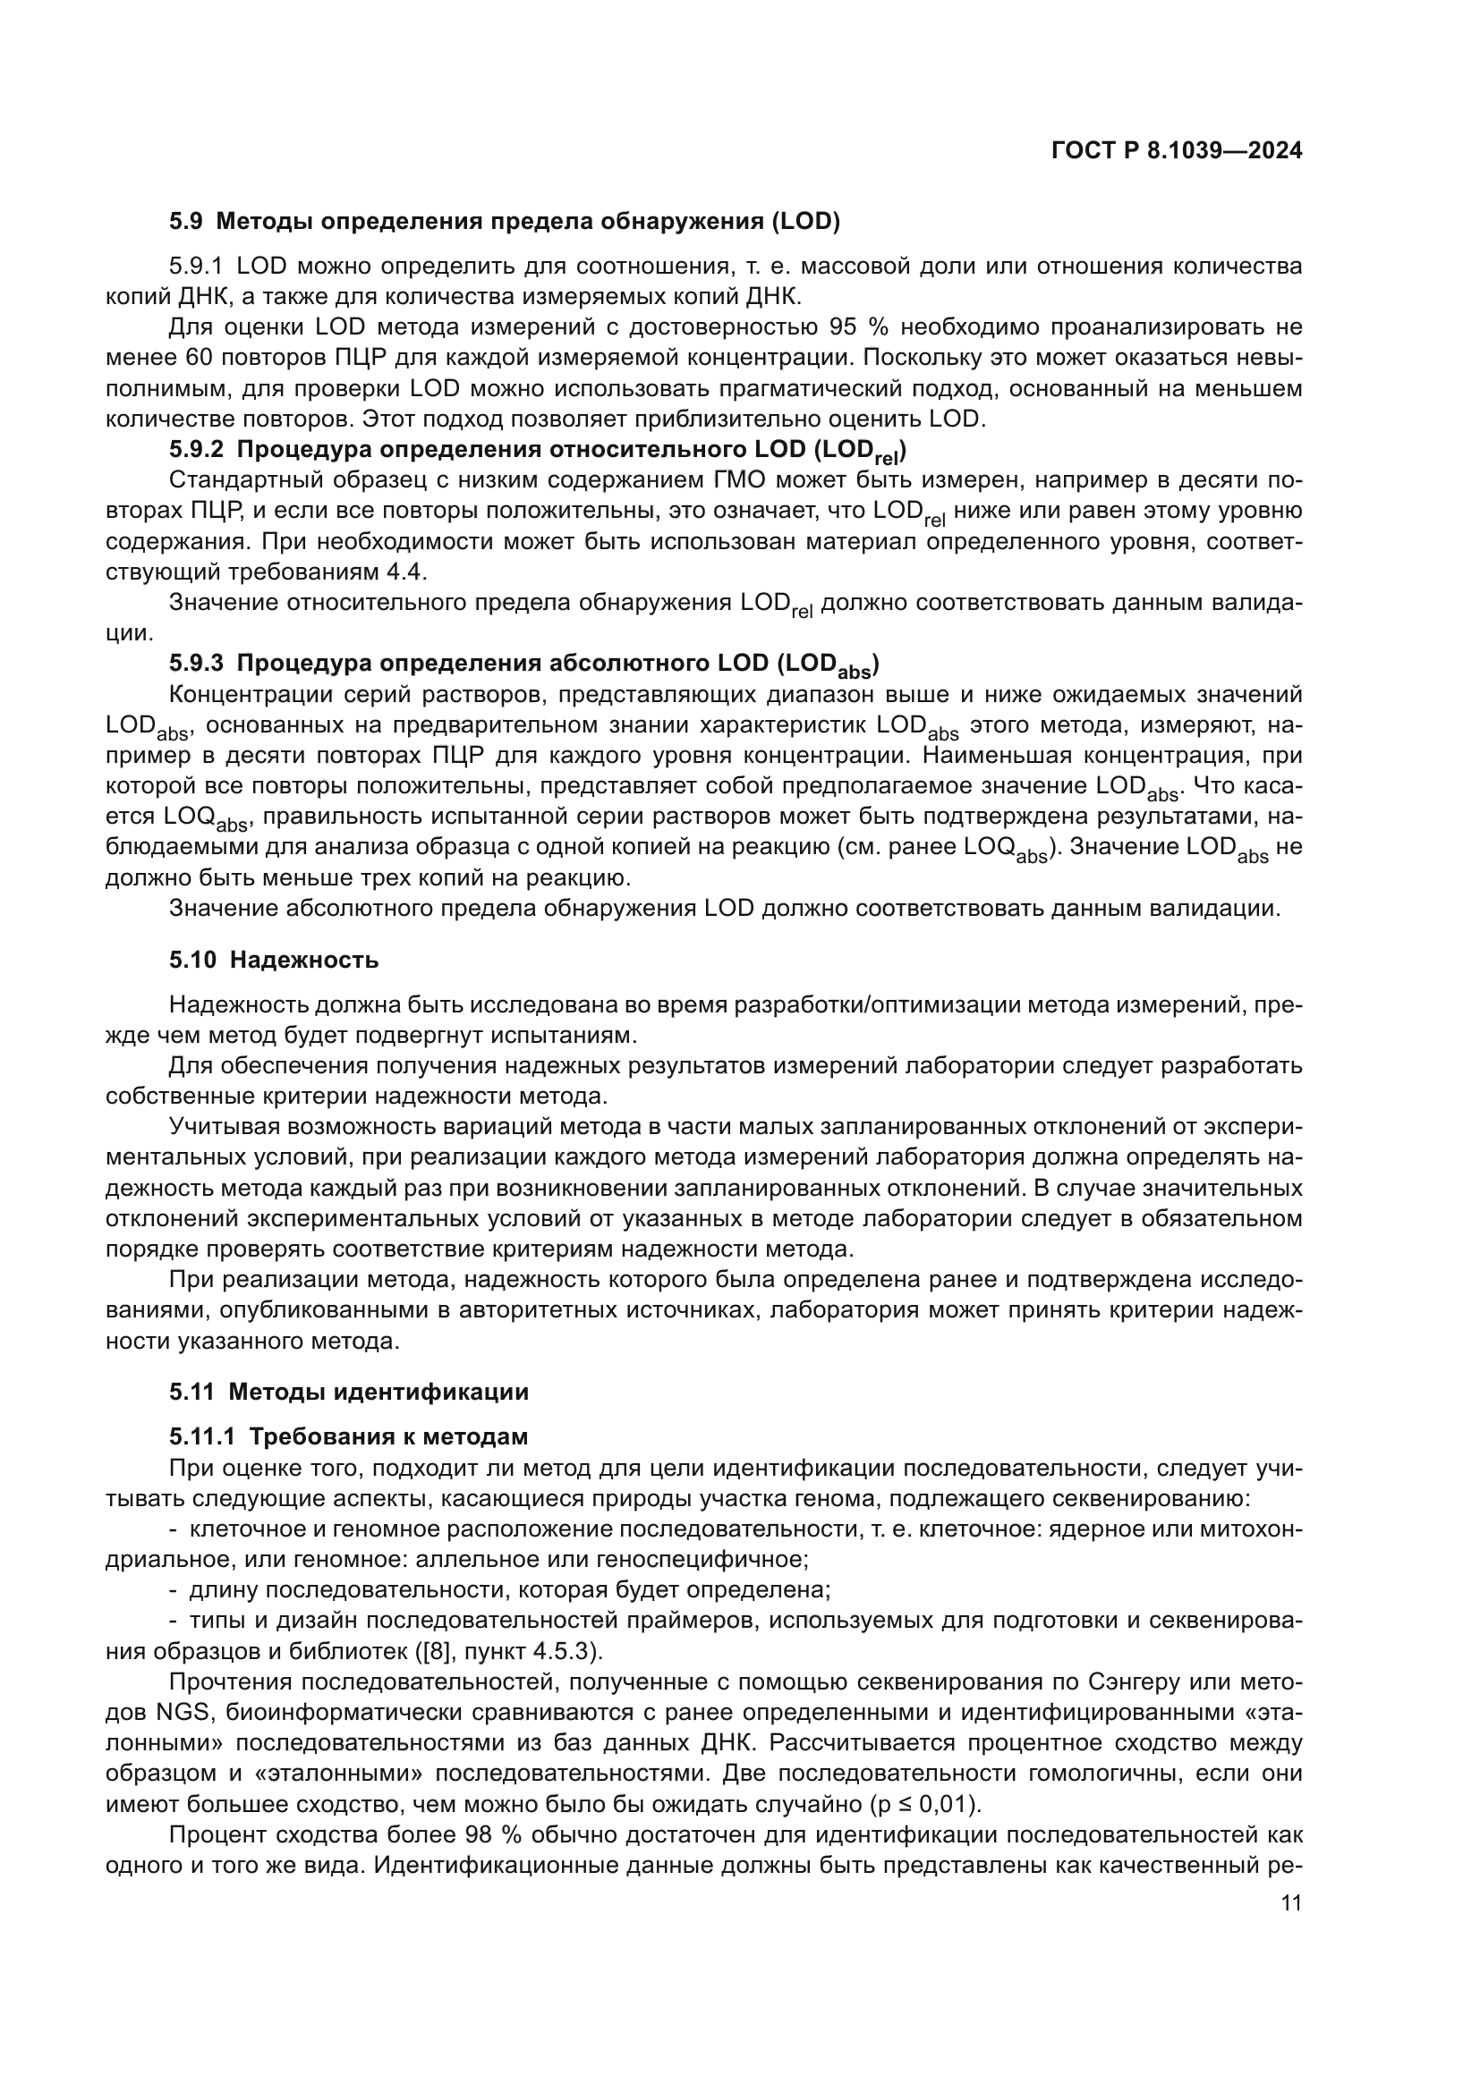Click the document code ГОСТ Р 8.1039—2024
(1177, 151)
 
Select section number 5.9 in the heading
(186, 222)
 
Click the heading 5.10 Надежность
(274, 960)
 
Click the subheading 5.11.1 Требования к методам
(348, 1437)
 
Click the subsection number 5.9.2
(196, 450)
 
